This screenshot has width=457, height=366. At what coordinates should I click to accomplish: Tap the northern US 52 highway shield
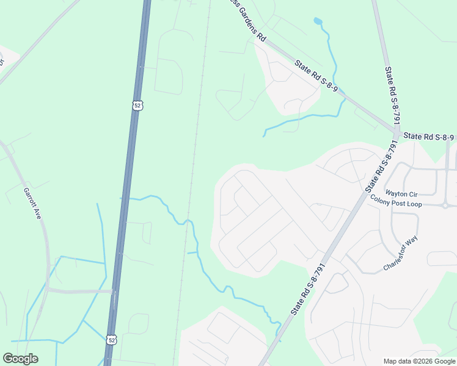pyautogui.click(x=137, y=105)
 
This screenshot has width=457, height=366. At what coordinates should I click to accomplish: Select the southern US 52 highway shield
pyautogui.click(x=111, y=339)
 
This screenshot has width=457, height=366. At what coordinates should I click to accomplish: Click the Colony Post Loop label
pyautogui.click(x=396, y=203)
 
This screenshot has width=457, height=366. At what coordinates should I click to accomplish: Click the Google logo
pyautogui.click(x=20, y=359)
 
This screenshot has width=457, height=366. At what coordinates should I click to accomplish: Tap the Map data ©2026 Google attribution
pyautogui.click(x=419, y=361)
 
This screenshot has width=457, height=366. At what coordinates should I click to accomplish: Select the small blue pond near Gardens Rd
pyautogui.click(x=317, y=21)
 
